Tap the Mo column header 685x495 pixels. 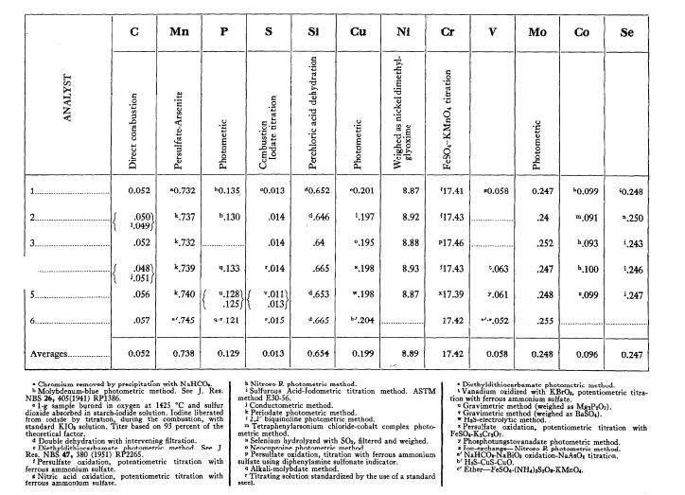536,32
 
